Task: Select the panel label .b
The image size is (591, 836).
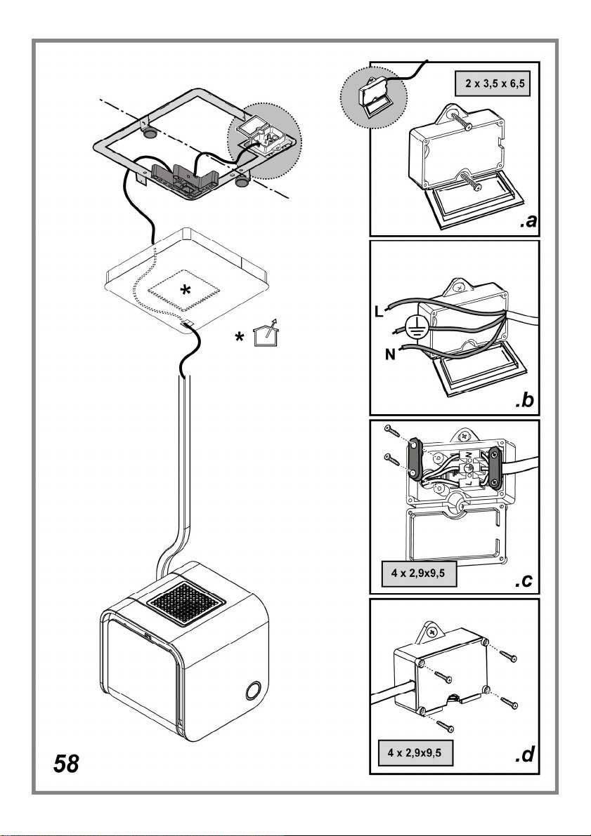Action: pos(523,402)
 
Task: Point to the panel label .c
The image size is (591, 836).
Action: pos(523,580)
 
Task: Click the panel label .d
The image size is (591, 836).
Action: pos(523,756)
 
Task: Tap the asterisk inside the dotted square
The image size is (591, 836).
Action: pos(183,290)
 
